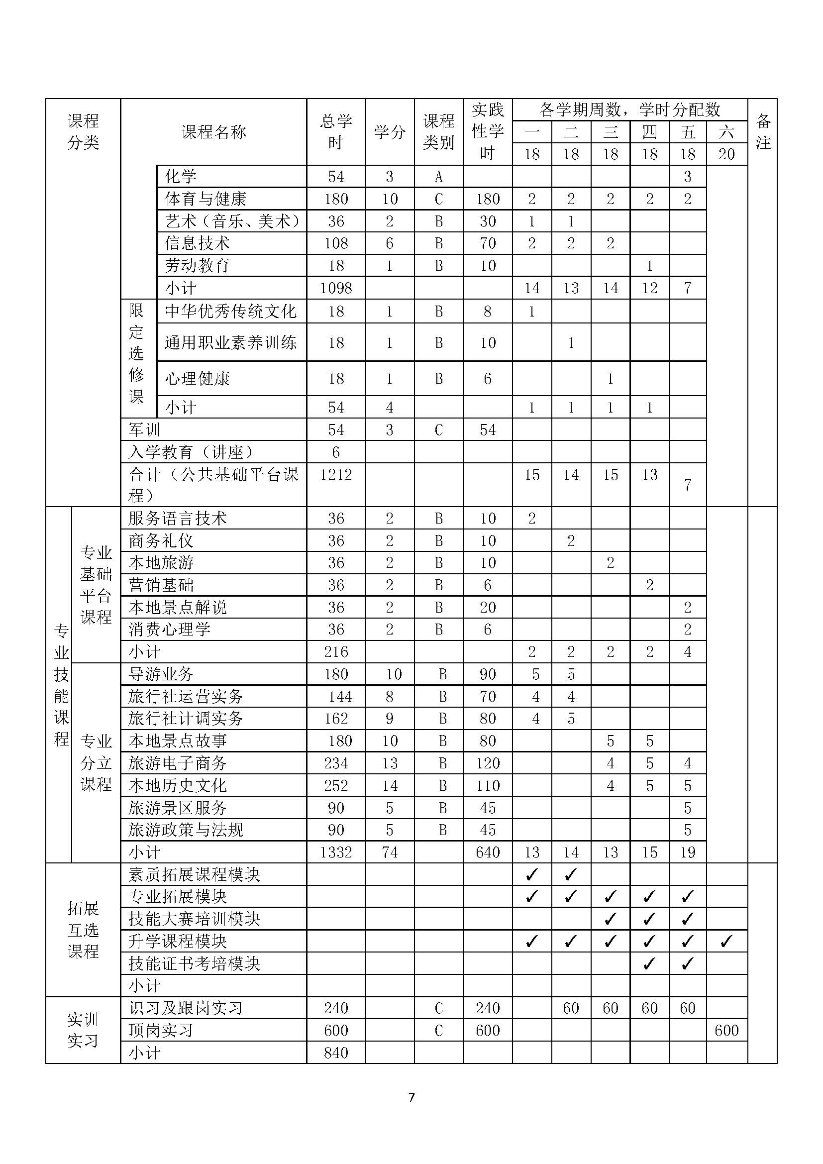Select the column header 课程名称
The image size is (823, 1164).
pyautogui.click(x=213, y=132)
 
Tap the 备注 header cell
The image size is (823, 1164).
pyautogui.click(x=763, y=132)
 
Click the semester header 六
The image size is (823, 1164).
pyautogui.click(x=726, y=132)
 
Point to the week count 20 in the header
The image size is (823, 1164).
pyautogui.click(x=726, y=154)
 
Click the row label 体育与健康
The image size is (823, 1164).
pyautogui.click(x=205, y=199)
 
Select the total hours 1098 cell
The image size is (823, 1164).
pyautogui.click(x=335, y=288)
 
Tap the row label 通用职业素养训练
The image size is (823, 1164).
pyautogui.click(x=230, y=343)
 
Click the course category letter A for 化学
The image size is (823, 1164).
pyautogui.click(x=439, y=177)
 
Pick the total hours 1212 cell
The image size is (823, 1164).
pyautogui.click(x=335, y=475)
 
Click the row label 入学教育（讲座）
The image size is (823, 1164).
pyautogui.click(x=191, y=452)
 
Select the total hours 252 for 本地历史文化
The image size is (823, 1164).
pyautogui.click(x=335, y=785)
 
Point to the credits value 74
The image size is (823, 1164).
pyautogui.click(x=389, y=852)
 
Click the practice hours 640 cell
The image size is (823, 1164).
pyautogui.click(x=488, y=852)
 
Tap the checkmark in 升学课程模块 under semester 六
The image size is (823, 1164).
pyautogui.click(x=726, y=942)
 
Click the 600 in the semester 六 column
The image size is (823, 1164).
pyautogui.click(x=726, y=1030)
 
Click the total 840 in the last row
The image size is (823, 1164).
pyautogui.click(x=335, y=1053)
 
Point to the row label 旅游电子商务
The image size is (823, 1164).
pyautogui.click(x=177, y=763)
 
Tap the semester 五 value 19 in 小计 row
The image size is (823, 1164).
pyautogui.click(x=687, y=852)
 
